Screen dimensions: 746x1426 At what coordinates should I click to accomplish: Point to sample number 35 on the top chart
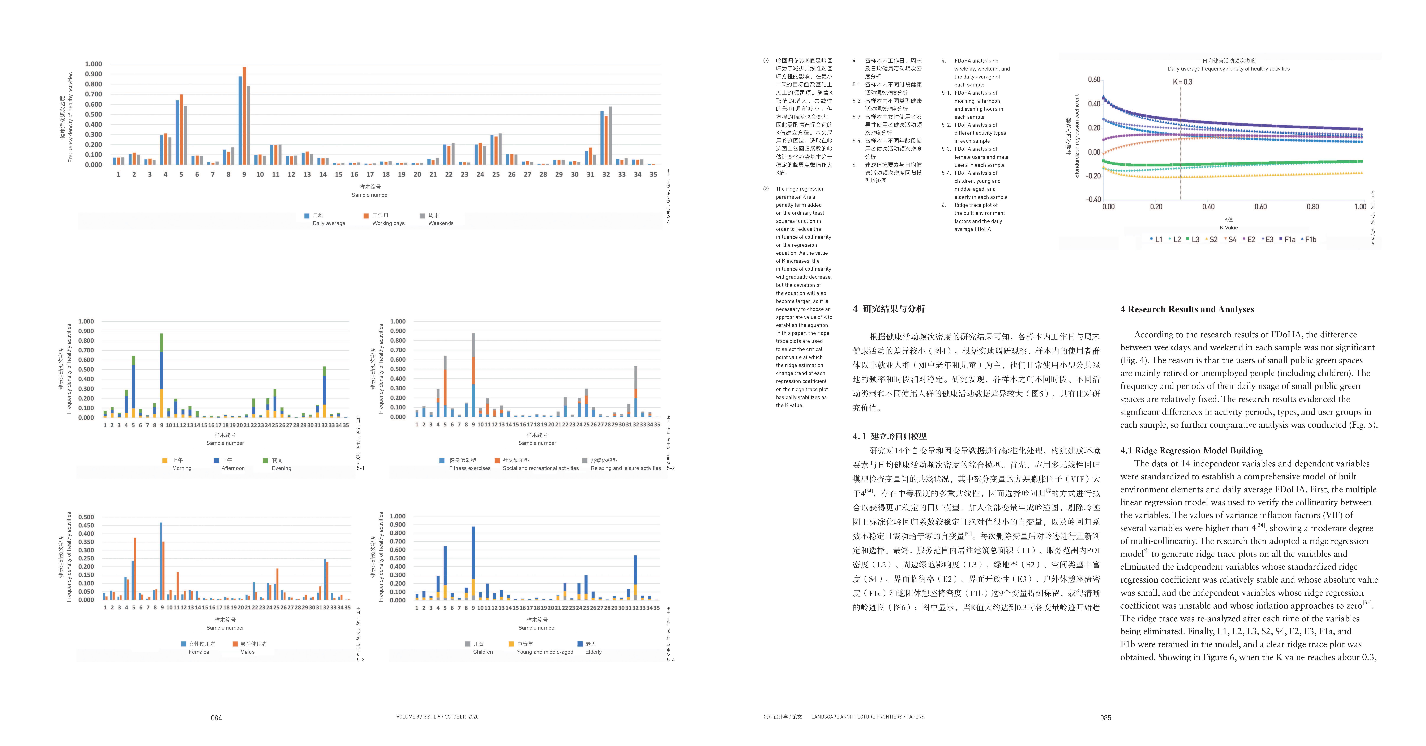653,174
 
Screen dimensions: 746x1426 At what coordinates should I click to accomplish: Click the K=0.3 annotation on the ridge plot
1182,82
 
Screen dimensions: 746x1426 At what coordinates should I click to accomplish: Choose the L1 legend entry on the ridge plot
1156,240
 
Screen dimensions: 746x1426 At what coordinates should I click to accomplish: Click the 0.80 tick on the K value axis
1312,207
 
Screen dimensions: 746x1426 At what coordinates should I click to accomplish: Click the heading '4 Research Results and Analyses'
1187,309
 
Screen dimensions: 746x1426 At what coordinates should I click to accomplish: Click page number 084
217,718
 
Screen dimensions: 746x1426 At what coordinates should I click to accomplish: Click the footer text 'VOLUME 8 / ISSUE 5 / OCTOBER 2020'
437,717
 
